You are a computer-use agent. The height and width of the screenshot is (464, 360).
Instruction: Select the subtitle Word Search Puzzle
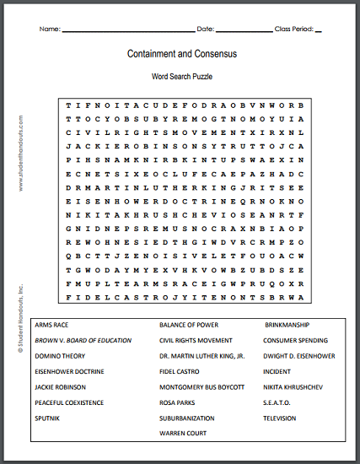point(182,77)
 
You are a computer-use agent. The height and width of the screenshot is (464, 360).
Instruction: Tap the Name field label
point(50,30)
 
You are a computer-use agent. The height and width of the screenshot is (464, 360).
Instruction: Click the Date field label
point(205,30)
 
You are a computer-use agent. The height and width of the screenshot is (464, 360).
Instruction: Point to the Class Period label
point(293,30)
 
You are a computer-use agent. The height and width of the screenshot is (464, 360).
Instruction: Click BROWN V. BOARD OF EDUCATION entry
point(83,340)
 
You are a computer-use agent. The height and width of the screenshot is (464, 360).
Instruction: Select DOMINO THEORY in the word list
point(61,356)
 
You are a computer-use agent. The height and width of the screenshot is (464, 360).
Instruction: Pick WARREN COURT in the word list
point(182,433)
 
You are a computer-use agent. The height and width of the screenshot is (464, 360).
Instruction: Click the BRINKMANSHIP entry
point(287,325)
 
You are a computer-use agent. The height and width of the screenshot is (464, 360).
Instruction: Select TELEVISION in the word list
point(280,418)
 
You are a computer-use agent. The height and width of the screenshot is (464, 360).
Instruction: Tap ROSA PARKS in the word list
point(177,402)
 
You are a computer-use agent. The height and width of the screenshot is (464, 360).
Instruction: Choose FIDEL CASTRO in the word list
point(180,371)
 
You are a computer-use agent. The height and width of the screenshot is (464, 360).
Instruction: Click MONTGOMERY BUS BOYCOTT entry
point(202,386)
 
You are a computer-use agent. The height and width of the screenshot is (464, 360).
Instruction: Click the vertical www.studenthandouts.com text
point(19,157)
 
